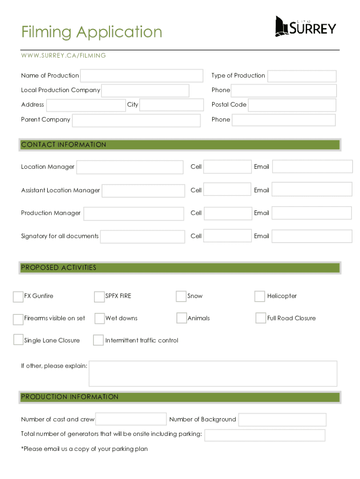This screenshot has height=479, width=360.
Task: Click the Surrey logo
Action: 305,27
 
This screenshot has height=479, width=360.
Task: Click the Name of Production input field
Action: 142,76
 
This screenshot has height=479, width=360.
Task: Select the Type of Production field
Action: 302,76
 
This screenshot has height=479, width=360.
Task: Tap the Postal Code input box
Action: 292,105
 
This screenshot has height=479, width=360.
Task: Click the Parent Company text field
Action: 136,120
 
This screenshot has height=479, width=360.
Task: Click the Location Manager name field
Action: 130,167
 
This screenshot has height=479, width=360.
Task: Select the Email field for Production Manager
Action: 311,213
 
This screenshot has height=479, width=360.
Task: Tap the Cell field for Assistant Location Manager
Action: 227,189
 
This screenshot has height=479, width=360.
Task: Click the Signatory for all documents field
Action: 143,237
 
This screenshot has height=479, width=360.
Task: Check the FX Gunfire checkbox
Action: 18,297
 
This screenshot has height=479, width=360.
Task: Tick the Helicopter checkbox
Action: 259,296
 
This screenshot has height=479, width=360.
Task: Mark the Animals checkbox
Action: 181,318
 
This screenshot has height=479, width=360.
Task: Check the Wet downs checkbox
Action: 100,319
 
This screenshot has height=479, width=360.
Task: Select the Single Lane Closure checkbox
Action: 18,340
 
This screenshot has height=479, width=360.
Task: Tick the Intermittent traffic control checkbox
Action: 98,340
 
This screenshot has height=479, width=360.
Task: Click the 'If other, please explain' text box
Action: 213,373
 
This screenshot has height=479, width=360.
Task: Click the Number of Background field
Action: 282,420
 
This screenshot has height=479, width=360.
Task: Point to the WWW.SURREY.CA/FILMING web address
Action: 64,56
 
